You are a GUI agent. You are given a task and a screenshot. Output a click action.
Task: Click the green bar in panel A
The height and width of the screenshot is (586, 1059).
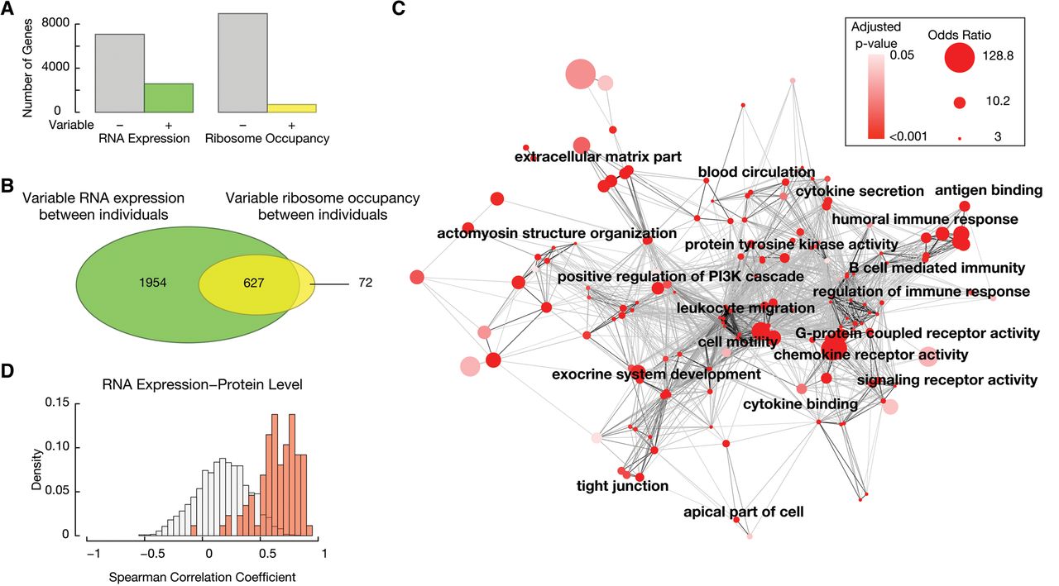[x=169, y=98]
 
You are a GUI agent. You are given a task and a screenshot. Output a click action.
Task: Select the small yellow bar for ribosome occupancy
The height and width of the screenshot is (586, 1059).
[x=291, y=107]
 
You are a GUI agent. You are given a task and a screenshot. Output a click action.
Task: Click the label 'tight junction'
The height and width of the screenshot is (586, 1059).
[x=622, y=486]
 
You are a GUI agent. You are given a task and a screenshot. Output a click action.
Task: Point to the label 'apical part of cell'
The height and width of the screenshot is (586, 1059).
[x=743, y=512]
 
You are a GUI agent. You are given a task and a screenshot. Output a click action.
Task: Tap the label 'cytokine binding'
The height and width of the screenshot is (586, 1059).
[x=799, y=404]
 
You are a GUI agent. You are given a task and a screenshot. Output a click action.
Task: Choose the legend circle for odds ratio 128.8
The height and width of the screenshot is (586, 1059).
[x=959, y=59]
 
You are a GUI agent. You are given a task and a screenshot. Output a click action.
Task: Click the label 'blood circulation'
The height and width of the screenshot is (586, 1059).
[x=756, y=173]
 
